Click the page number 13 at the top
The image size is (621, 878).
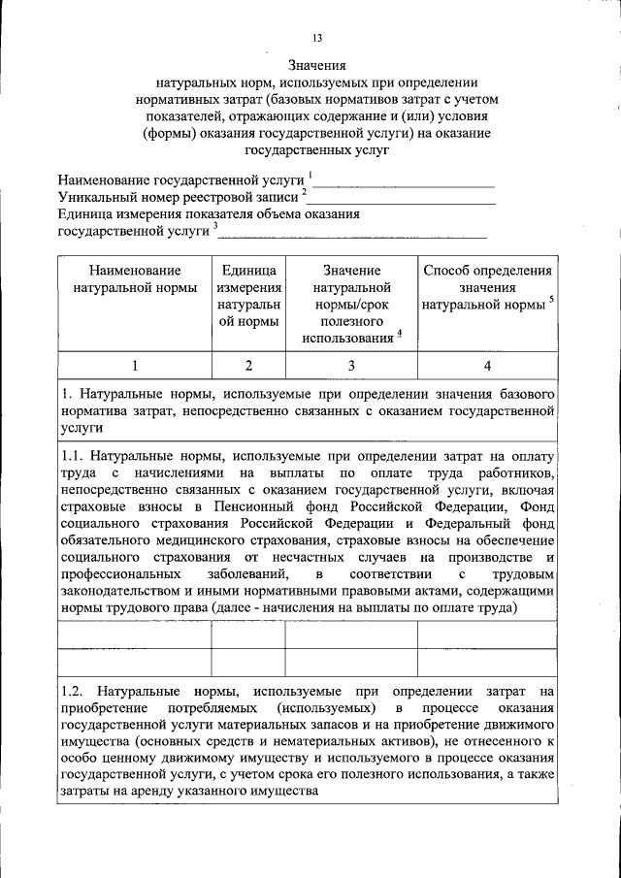(x=316, y=38)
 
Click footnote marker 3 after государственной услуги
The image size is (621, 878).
(x=215, y=227)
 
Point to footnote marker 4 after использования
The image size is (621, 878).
(x=399, y=335)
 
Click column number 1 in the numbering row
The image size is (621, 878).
(x=135, y=366)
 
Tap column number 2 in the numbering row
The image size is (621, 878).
(x=248, y=366)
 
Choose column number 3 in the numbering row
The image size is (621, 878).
(x=351, y=366)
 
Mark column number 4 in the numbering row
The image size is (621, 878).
(x=487, y=366)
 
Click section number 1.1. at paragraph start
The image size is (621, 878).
(x=73, y=455)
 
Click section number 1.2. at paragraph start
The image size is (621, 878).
(x=73, y=692)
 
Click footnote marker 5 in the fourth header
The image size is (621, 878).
(x=551, y=300)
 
